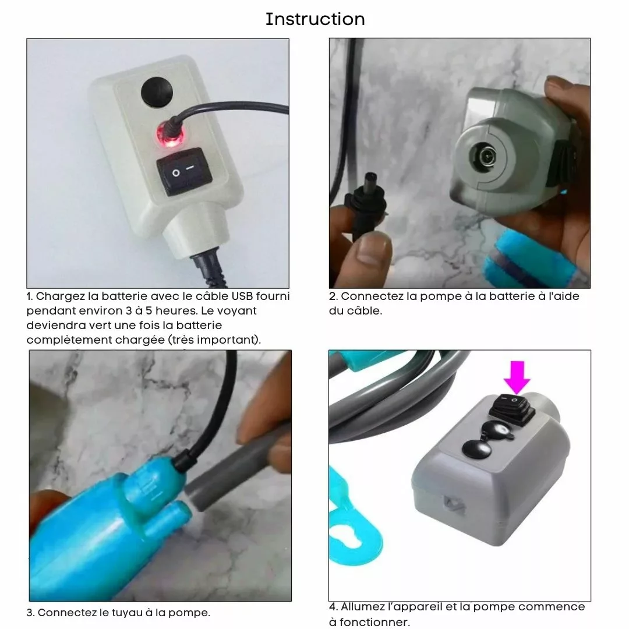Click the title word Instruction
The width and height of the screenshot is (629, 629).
click(315, 19)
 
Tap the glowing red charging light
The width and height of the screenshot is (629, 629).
click(171, 136)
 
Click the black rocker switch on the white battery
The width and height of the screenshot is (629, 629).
click(184, 171)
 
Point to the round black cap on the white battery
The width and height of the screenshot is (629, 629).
click(157, 92)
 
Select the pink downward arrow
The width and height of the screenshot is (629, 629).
click(517, 377)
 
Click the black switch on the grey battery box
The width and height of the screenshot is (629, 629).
click(513, 409)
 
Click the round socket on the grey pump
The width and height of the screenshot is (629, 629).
click(486, 156)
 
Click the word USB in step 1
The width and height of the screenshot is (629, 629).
click(242, 296)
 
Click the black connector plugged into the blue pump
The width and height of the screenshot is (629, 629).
click(183, 460)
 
